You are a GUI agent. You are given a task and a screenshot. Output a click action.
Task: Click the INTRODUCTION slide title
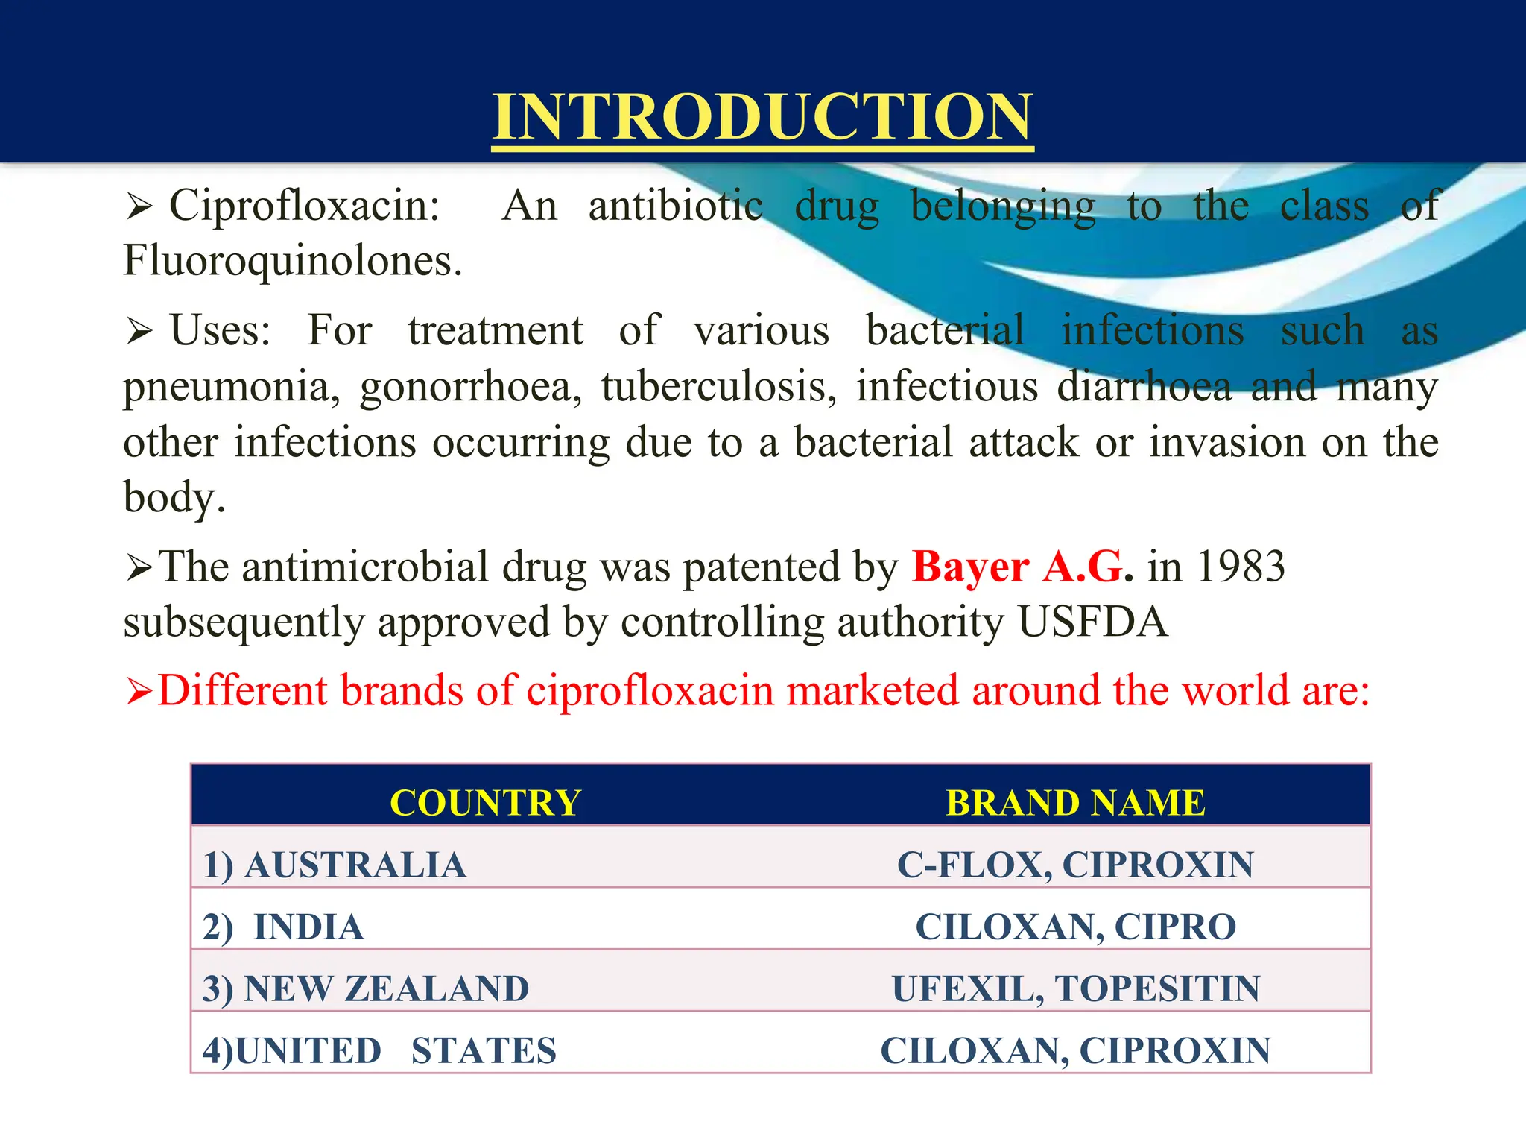762,117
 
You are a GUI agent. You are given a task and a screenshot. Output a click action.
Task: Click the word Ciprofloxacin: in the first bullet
304,206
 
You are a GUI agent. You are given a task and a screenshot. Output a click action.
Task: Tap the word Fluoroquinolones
292,261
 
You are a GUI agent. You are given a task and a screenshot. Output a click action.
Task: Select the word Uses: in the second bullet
221,330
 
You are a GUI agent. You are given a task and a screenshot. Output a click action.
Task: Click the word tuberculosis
718,387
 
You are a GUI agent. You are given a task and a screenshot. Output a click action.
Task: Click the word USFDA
1092,622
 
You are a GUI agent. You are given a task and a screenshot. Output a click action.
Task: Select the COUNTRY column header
485,803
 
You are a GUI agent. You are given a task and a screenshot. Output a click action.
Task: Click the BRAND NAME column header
1075,803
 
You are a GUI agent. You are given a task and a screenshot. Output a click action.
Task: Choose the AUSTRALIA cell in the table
335,865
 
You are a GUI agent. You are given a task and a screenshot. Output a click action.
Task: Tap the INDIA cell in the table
284,927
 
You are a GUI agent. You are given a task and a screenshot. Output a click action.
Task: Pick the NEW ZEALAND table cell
366,989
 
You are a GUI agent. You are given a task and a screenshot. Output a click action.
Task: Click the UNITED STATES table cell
379,1051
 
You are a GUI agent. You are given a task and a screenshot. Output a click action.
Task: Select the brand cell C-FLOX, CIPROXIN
1075,865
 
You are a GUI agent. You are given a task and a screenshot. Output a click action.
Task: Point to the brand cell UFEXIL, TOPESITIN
1075,989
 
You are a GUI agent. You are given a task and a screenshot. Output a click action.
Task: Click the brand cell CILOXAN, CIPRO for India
1075,927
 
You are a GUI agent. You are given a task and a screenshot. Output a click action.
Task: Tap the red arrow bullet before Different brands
139,692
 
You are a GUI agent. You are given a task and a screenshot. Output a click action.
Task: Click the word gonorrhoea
470,387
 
